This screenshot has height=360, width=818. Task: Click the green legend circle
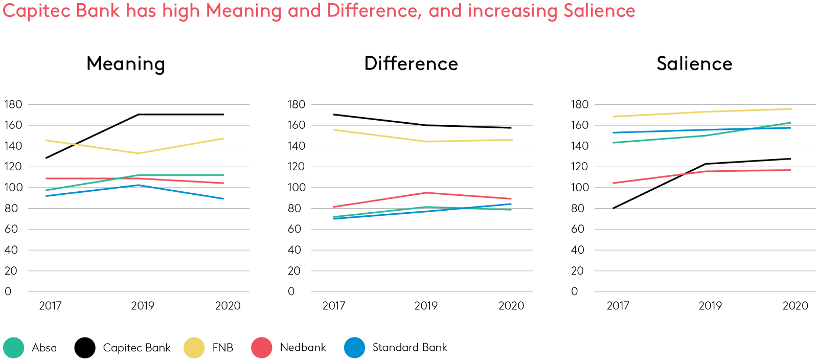(13, 348)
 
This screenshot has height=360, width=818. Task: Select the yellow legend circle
(194, 348)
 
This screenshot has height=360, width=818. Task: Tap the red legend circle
(262, 348)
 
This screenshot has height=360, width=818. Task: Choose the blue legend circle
(355, 348)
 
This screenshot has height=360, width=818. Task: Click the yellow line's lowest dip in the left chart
(138, 153)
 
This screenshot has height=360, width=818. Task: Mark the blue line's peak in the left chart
(138, 185)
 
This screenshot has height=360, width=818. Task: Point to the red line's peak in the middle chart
(426, 192)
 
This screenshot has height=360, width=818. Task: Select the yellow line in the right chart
(706, 111)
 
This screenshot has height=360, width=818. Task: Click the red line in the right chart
(706, 171)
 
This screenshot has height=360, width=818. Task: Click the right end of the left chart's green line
(223, 175)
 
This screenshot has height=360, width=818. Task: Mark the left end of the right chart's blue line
(613, 132)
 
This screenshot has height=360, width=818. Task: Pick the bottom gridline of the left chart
(138, 291)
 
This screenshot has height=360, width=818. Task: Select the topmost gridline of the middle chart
(421, 104)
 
